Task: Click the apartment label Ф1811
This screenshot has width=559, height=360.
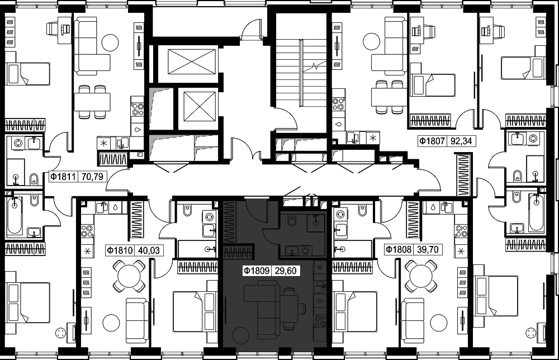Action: pyautogui.click(x=63, y=176)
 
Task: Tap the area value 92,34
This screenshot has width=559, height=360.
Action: pyautogui.click(x=461, y=141)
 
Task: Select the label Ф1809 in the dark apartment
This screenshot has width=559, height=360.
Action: pyautogui.click(x=257, y=271)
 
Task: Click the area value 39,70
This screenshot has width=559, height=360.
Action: pyautogui.click(x=428, y=249)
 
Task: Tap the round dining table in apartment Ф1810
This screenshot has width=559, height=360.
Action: pyautogui.click(x=129, y=276)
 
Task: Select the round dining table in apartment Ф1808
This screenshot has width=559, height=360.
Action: pyautogui.click(x=421, y=276)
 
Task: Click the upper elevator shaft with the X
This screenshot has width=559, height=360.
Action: pyautogui.click(x=192, y=61)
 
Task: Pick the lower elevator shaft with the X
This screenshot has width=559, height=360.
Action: pyautogui.click(x=200, y=107)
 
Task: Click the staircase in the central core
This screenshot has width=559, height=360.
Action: pyautogui.click(x=302, y=73)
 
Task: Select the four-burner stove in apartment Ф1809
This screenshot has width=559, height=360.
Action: pyautogui.click(x=319, y=321)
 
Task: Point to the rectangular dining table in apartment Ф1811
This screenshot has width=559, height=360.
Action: pyautogui.click(x=92, y=102)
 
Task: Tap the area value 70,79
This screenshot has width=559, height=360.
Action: pyautogui.click(x=92, y=176)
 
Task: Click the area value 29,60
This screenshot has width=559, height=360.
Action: pyautogui.click(x=286, y=271)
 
